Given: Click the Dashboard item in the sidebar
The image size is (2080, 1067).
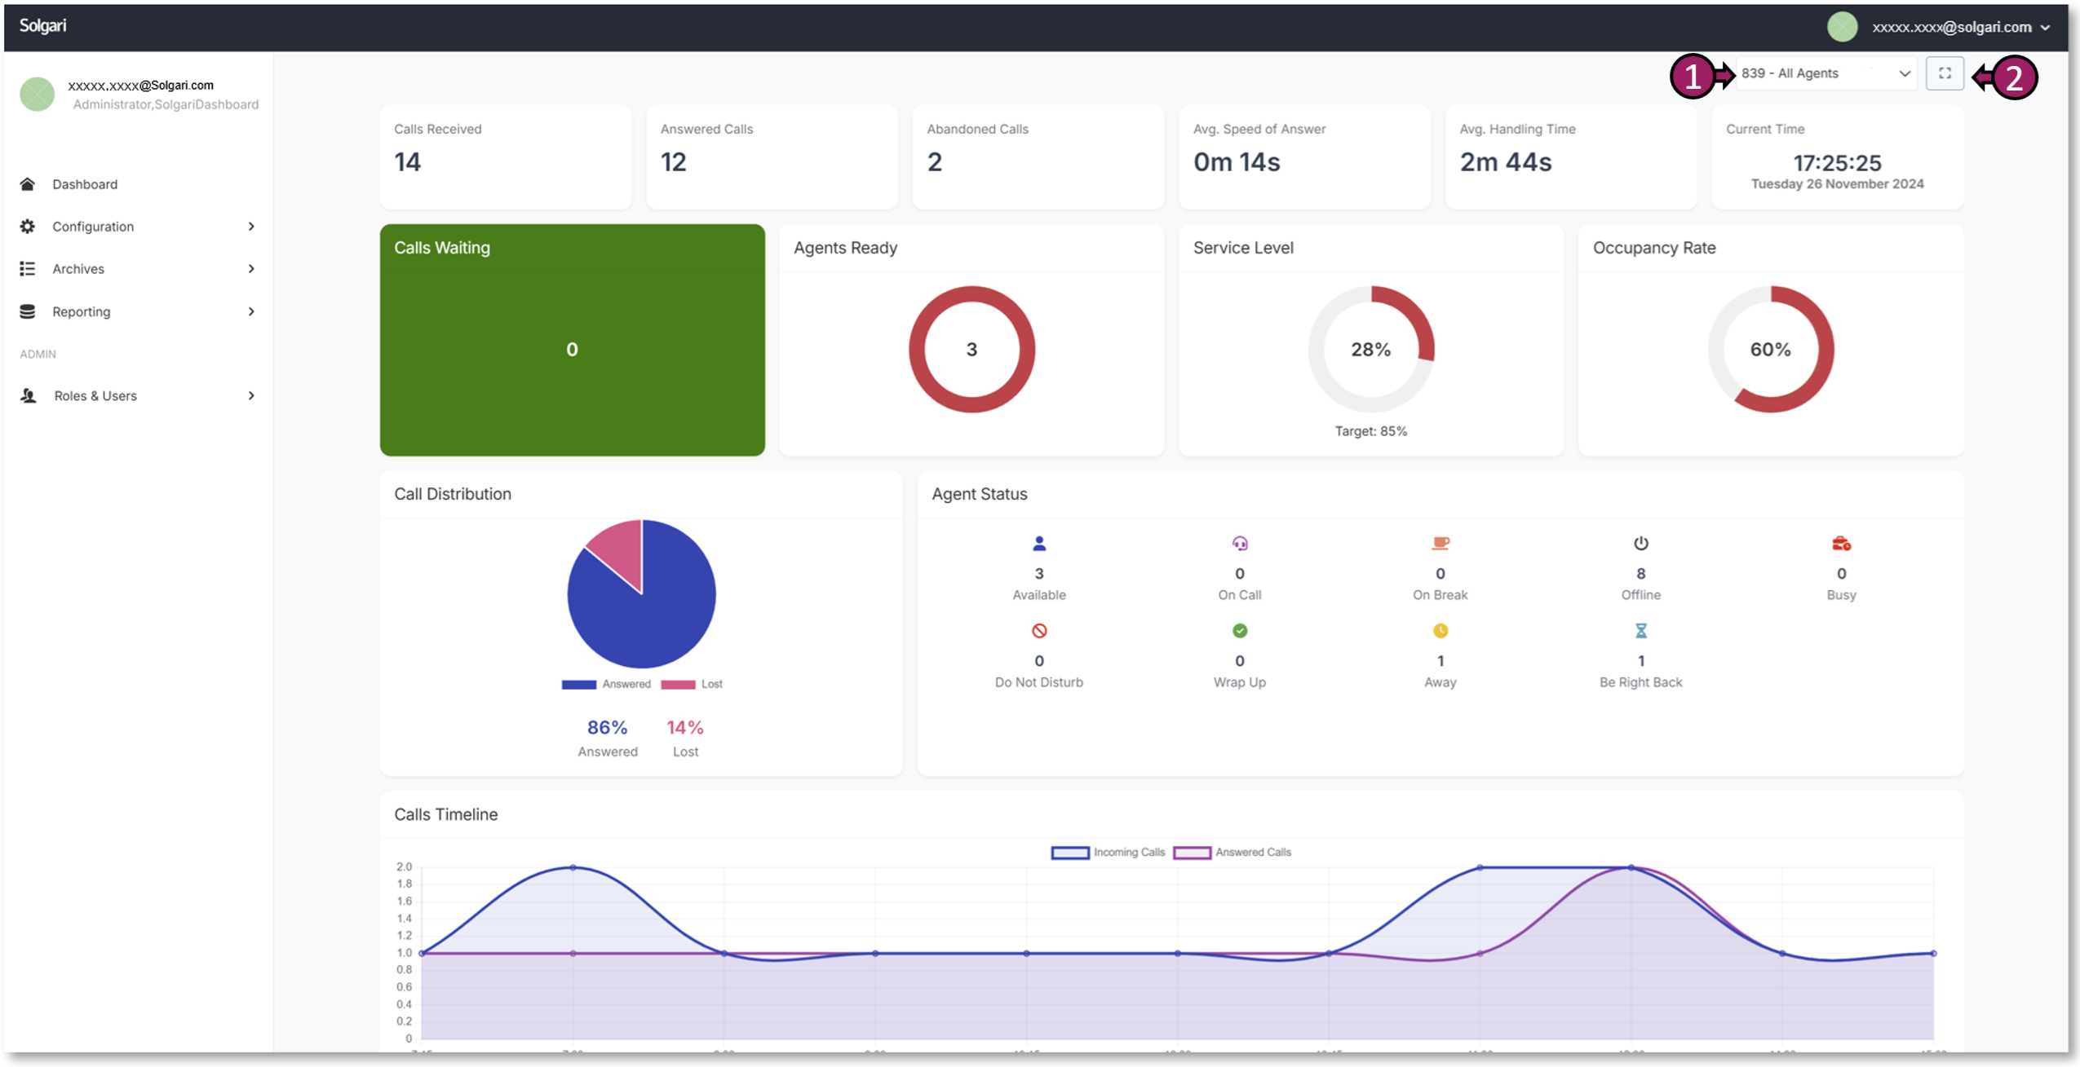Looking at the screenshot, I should [84, 184].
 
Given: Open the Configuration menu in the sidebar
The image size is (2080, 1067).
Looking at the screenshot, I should [93, 227].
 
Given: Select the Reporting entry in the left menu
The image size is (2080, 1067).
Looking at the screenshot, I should [81, 311].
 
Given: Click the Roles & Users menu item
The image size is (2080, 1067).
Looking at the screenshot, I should [95, 395].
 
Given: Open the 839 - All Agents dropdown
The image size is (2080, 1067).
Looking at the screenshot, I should [1825, 73].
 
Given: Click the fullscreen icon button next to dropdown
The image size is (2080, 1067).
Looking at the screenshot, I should [1944, 73].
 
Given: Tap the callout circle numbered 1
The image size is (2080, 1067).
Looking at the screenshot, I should [1692, 77].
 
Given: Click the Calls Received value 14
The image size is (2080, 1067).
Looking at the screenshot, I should [407, 162].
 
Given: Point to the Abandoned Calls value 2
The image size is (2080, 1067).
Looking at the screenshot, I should [934, 162].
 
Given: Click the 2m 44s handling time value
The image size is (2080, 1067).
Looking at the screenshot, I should [1505, 162].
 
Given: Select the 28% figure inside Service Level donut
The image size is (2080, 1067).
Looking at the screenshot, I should [1370, 349].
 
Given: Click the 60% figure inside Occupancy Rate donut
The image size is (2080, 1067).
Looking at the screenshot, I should [1770, 349].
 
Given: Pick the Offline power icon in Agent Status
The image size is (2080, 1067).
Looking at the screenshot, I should [1640, 543].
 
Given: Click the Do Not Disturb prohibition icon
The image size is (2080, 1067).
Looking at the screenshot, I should [1038, 630].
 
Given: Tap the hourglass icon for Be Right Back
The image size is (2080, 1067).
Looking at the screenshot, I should [1640, 630].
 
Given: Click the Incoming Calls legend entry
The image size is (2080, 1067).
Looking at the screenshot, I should [1108, 852].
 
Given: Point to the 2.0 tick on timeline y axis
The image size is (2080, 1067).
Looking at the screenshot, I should [404, 866].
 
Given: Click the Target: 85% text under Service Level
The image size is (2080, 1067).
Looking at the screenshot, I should [1370, 431].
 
